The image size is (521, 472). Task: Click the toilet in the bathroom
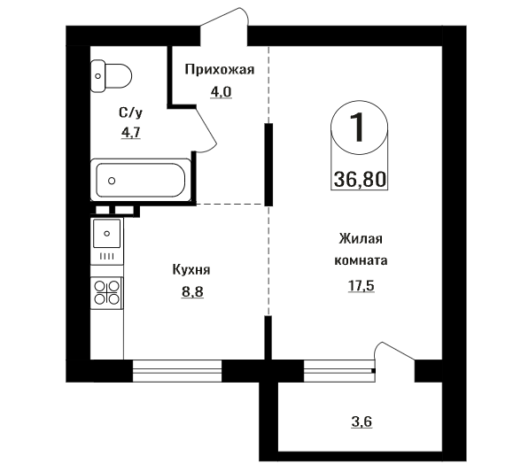(111, 76)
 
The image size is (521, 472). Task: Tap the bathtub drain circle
(112, 181)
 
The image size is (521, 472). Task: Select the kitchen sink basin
(106, 234)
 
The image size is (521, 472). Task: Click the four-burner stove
(106, 292)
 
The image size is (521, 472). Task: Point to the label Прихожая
(220, 70)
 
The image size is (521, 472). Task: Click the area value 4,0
(221, 92)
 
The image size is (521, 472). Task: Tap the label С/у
(130, 113)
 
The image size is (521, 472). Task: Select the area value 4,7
(131, 133)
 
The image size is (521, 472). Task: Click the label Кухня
(191, 270)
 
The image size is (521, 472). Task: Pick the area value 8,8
(192, 292)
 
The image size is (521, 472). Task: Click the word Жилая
(361, 239)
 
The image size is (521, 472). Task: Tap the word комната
(361, 260)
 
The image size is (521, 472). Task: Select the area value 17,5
(362, 286)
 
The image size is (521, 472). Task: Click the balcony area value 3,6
(362, 422)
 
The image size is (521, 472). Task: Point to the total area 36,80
(360, 180)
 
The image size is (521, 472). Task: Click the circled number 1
(359, 128)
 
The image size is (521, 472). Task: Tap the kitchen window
(177, 371)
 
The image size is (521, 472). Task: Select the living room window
(339, 371)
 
